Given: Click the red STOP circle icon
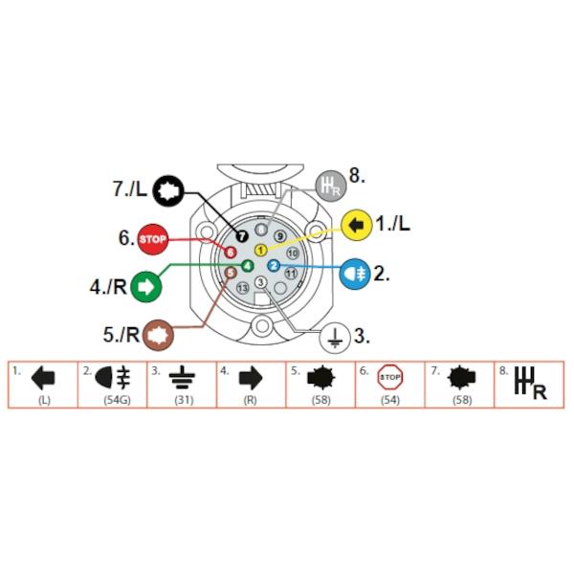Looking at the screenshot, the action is [153, 239].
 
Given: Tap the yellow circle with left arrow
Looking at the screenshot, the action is [357, 225].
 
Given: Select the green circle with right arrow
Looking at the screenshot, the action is [146, 287].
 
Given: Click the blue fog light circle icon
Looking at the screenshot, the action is [355, 274].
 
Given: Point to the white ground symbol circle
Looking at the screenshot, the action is [335, 338].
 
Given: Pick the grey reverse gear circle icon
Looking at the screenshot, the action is [331, 186].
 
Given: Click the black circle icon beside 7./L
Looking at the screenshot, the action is [167, 190].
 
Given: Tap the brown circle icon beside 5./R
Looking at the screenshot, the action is [158, 335].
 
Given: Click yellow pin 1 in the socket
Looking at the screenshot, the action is [260, 251].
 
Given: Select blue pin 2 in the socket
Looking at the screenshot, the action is [274, 266].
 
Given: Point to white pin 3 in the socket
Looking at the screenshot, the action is [260, 282].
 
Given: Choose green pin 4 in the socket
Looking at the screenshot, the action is [248, 266].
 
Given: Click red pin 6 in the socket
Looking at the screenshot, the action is [231, 253].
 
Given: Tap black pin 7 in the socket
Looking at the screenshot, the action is [242, 236].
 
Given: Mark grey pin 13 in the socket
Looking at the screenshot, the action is [242, 288].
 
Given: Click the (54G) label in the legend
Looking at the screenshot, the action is [117, 400].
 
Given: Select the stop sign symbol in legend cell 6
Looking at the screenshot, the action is [390, 377].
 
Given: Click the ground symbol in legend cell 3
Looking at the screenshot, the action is [182, 378].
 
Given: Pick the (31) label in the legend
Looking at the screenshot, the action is [184, 400].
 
